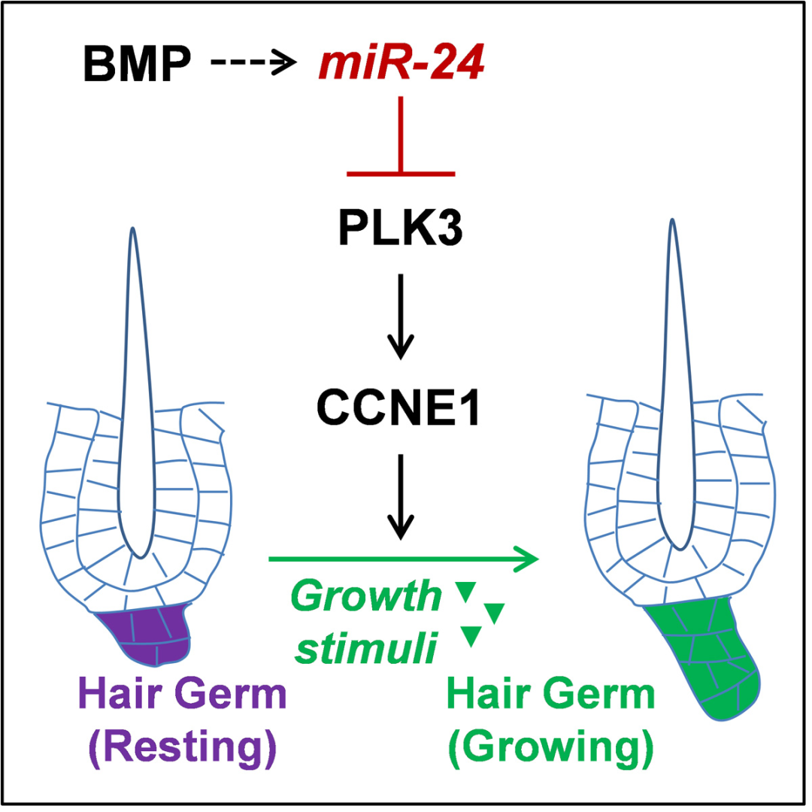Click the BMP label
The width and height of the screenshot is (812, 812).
pyautogui.click(x=137, y=66)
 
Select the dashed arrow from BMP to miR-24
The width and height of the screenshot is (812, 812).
pyautogui.click(x=253, y=65)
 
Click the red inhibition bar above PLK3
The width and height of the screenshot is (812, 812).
pyautogui.click(x=401, y=173)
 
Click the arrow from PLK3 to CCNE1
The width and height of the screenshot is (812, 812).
pyautogui.click(x=400, y=316)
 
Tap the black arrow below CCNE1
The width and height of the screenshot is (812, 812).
pyautogui.click(x=400, y=496)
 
